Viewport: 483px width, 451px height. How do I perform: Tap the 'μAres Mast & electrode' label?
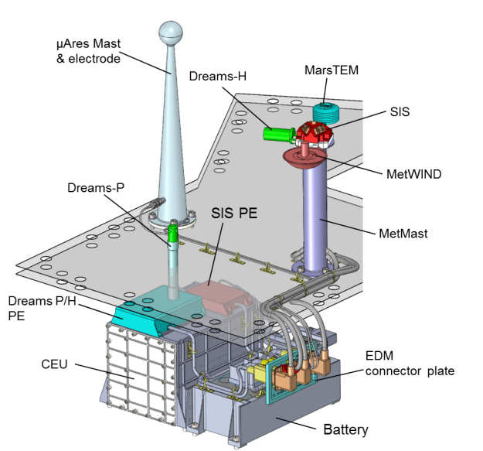[x=85, y=51]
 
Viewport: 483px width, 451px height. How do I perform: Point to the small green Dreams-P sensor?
[x=174, y=231]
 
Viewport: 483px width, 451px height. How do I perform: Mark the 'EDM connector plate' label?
[x=407, y=364]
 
